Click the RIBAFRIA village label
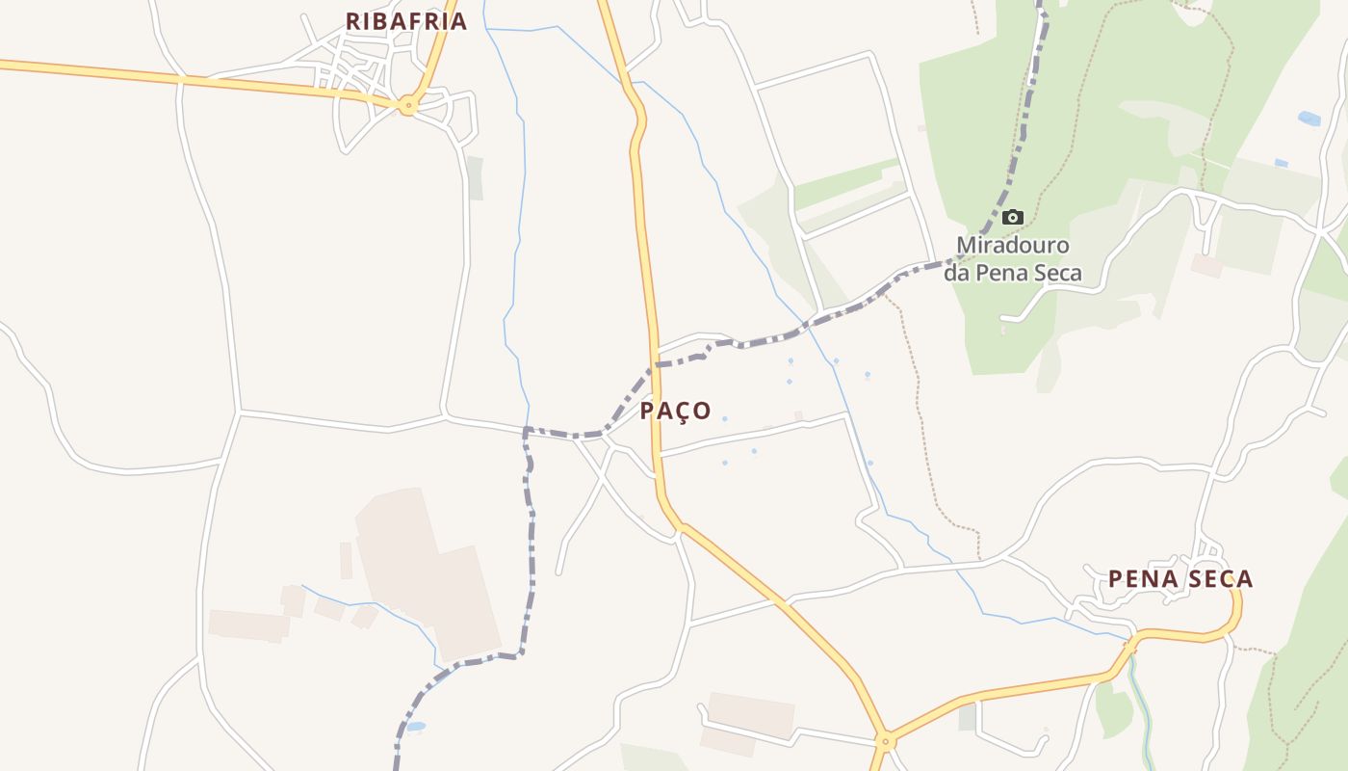tap(405, 21)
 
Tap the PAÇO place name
tap(676, 412)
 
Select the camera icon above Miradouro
tap(1012, 217)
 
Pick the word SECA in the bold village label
tap(1218, 579)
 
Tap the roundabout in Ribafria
tap(408, 106)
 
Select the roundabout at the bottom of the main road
tap(886, 741)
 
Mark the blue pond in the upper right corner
tap(1309, 119)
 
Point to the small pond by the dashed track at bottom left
tap(415, 727)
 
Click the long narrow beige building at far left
tap(248, 625)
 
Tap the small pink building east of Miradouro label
tap(1205, 265)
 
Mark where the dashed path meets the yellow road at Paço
tap(656, 365)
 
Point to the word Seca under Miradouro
tap(1054, 273)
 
